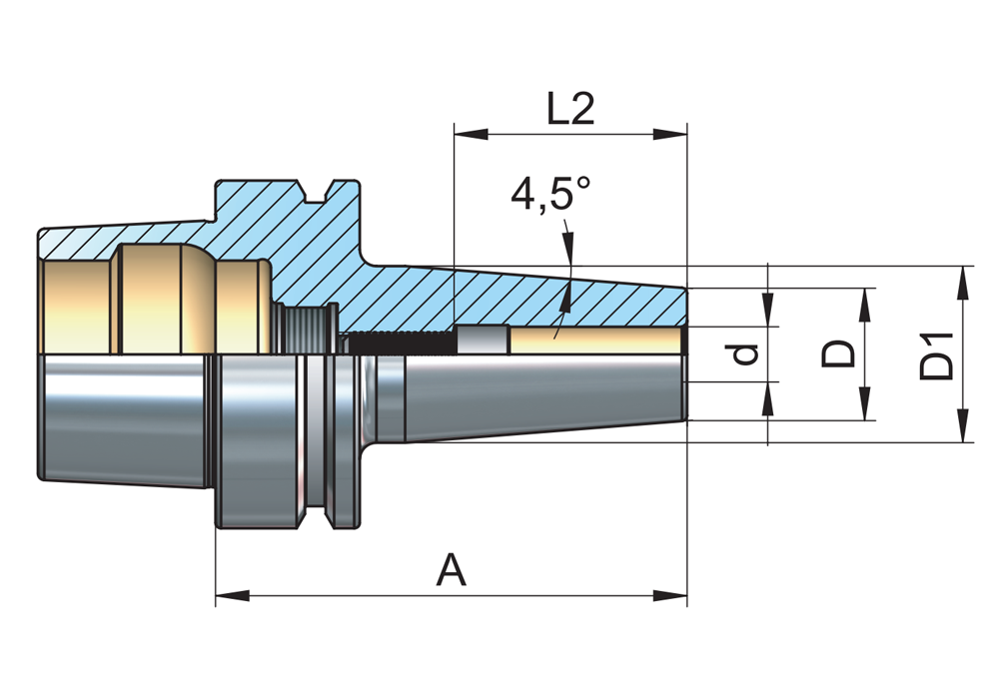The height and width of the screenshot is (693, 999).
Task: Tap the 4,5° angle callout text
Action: click(550, 194)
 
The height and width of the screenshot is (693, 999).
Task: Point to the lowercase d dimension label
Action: click(745, 354)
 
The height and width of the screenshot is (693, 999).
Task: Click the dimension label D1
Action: click(937, 355)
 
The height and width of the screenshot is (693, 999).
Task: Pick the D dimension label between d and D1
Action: click(837, 354)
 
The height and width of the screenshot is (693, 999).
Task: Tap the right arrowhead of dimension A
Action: click(670, 596)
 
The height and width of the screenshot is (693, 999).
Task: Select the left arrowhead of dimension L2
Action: click(471, 134)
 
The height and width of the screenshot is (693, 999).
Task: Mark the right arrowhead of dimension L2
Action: click(670, 134)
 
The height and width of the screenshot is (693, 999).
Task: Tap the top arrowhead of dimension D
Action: click(864, 306)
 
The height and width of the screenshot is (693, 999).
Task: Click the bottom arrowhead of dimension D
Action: click(864, 403)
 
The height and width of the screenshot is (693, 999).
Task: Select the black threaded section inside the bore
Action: click(403, 344)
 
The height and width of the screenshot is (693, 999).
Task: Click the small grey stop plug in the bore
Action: click(483, 340)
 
